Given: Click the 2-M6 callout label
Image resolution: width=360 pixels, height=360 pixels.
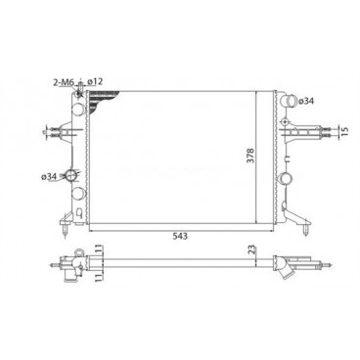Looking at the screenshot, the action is pyautogui.click(x=64, y=82).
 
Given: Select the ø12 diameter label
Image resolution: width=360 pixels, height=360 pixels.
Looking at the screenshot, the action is pyautogui.click(x=95, y=81).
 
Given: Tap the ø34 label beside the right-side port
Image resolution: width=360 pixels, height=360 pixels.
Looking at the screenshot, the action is pyautogui.click(x=306, y=102).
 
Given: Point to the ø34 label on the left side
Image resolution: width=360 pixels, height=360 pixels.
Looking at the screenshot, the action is pyautogui.click(x=49, y=176).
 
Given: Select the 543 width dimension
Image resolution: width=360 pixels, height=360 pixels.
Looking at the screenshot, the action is pyautogui.click(x=180, y=236).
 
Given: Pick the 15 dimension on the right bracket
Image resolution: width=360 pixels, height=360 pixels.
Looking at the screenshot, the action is pyautogui.click(x=345, y=130).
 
